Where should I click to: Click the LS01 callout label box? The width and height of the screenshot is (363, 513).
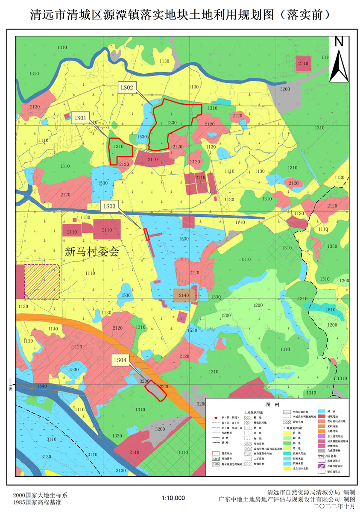[x=81, y=117]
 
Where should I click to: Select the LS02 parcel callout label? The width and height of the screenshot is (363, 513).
[x=127, y=88]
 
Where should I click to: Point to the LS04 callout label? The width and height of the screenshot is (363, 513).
[x=120, y=360]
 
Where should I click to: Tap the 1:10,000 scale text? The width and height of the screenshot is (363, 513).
[x=173, y=498]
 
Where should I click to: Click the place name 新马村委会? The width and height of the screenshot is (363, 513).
[x=91, y=251]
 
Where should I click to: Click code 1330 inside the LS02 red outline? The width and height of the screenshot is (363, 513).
[x=172, y=123]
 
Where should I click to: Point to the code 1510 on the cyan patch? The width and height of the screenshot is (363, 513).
[x=331, y=310]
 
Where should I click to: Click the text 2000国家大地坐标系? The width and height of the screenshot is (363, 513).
[x=40, y=495]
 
